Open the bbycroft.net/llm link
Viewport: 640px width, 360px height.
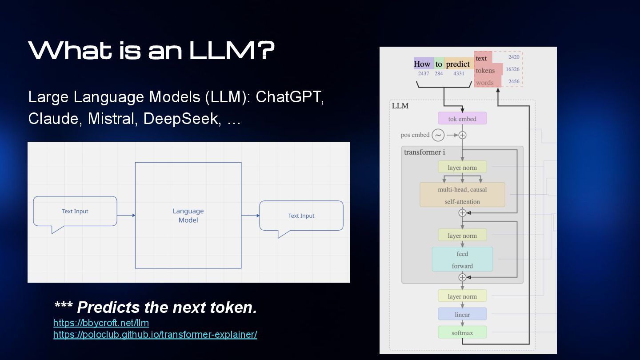pyautogui.click(x=101, y=323)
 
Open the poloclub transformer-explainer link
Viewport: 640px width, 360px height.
pyautogui.click(x=155, y=334)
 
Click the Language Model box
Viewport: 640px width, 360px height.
pyautogui.click(x=188, y=216)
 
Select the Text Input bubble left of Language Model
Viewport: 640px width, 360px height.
pyautogui.click(x=75, y=212)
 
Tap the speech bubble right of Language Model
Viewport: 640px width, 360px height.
pyautogui.click(x=301, y=216)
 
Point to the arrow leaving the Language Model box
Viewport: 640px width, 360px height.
pyautogui.click(x=251, y=216)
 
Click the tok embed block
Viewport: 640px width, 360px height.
pyautogui.click(x=462, y=118)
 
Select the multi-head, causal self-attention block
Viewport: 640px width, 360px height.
pyautogui.click(x=462, y=195)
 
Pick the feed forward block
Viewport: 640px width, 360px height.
pyautogui.click(x=462, y=259)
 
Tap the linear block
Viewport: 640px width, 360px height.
pyautogui.click(x=462, y=314)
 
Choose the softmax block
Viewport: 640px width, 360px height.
pyautogui.click(x=462, y=332)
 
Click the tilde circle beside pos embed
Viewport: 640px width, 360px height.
pyautogui.click(x=438, y=135)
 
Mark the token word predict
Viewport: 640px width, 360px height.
pyautogui.click(x=458, y=64)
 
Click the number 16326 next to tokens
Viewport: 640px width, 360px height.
pyautogui.click(x=512, y=69)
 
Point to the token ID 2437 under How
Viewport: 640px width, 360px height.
pyautogui.click(x=424, y=73)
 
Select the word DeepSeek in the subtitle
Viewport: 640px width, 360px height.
pyautogui.click(x=182, y=119)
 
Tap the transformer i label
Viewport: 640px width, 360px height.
pyautogui.click(x=424, y=152)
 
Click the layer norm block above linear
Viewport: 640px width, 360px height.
pyautogui.click(x=462, y=296)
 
